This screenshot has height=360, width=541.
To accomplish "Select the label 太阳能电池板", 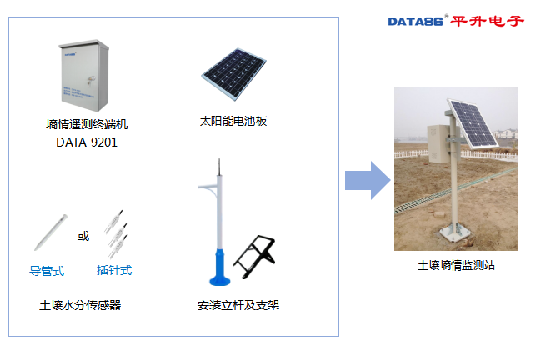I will point(233,121).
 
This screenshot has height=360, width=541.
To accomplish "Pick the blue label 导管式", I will point(47,270).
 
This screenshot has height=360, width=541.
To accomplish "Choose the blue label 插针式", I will point(114,270).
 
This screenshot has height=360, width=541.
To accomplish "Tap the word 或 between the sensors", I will point(83,236).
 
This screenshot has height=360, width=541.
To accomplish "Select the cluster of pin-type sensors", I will point(115,233).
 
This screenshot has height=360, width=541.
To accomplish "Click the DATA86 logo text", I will point(416,20).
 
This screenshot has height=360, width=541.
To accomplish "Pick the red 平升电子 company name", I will point(488,20).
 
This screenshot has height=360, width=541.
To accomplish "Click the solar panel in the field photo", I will point(473,123).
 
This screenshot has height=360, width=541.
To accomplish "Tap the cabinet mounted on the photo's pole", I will point(438,143).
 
